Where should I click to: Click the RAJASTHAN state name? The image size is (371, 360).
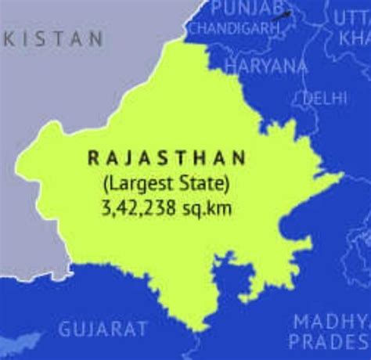[166, 159]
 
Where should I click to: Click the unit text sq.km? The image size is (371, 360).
[204, 210]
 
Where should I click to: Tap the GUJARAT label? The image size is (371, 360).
[103, 329]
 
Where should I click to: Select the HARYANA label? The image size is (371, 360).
[266, 67]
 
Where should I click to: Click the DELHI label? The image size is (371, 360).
[325, 99]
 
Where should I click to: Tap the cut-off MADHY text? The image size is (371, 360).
[330, 321]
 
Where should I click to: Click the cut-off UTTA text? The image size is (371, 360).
[351, 17]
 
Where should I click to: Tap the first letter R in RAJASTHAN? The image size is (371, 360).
[92, 159]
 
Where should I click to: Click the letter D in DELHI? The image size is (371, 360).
[308, 99]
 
